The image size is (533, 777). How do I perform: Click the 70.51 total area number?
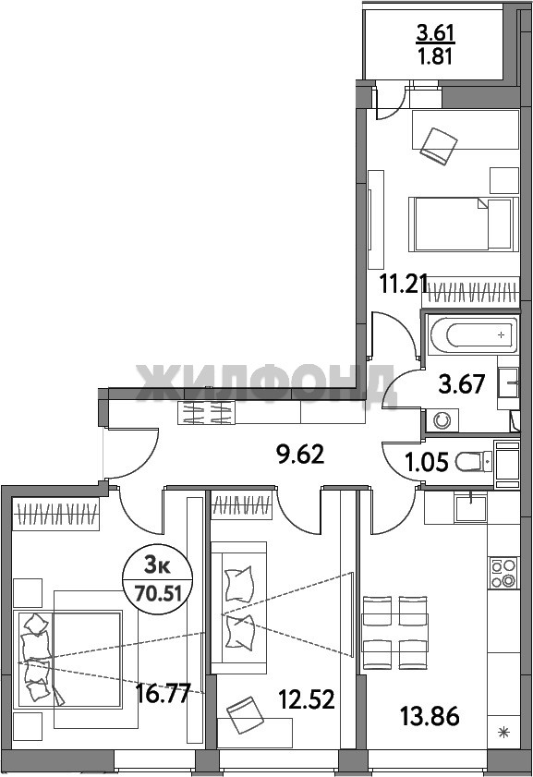(x=158, y=592)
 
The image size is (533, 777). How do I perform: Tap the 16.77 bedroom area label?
(x=164, y=694)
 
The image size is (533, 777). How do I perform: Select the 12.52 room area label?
(x=307, y=699)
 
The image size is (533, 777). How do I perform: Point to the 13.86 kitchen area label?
(x=430, y=717)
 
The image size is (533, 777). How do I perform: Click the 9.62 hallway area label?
(x=301, y=455)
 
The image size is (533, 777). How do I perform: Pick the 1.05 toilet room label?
(x=427, y=463)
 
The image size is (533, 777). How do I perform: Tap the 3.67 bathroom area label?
(x=462, y=384)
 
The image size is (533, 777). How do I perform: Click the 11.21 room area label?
(x=404, y=284)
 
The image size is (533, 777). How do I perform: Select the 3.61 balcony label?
(x=435, y=33)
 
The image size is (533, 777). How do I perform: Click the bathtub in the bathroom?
(x=474, y=335)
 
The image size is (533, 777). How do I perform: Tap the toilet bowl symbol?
(x=473, y=463)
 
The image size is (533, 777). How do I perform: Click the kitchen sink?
(x=471, y=508)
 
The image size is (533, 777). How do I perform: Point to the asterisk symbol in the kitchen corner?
(x=503, y=733)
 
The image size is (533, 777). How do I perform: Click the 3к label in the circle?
(x=157, y=565)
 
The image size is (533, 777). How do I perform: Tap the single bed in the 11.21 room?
(x=460, y=224)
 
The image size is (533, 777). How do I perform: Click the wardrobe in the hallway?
(x=206, y=413)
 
